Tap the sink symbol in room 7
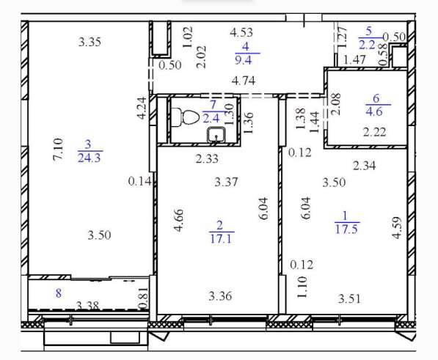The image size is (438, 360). point(216,135)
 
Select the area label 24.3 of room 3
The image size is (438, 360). point(89,158)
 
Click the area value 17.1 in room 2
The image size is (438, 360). point(221,239)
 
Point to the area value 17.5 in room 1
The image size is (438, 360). point(346,229)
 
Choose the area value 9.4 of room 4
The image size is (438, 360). point(244,59)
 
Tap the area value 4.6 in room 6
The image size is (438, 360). point(374,111)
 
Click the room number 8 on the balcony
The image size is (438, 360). point(59,293)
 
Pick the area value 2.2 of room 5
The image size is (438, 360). point(367,44)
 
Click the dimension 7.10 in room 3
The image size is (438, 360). point(58,150)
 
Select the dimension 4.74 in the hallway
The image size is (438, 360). point(244,81)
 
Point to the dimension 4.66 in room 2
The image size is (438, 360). point(178,220)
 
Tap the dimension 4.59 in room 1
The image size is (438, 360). point(397,228)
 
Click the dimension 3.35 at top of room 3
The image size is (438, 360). point(90,42)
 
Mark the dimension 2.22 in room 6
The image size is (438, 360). point(375,132)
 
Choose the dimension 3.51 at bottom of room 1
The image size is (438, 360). point(349,299)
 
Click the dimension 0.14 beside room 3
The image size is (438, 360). point(139,181)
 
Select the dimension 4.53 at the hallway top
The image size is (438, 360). point(241,32)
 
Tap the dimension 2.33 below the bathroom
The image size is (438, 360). point(207,159)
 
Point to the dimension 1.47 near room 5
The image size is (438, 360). point(354,59)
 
